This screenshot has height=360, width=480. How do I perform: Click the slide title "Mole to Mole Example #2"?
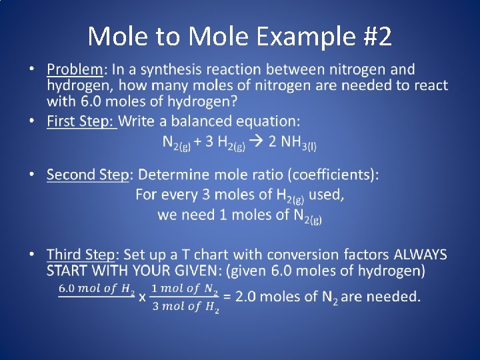[239, 36]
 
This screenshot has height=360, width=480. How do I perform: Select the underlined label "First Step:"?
[81, 121]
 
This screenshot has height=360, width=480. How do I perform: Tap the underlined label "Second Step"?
[87, 175]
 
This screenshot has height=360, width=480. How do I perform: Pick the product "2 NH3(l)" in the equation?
[293, 143]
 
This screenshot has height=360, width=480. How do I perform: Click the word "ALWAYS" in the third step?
[421, 255]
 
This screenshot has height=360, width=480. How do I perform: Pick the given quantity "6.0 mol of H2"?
[97, 289]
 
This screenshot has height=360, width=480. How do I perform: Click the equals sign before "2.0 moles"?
[227, 297]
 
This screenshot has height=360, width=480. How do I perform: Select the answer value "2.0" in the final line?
[247, 297]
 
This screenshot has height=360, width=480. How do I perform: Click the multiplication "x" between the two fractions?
[142, 297]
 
